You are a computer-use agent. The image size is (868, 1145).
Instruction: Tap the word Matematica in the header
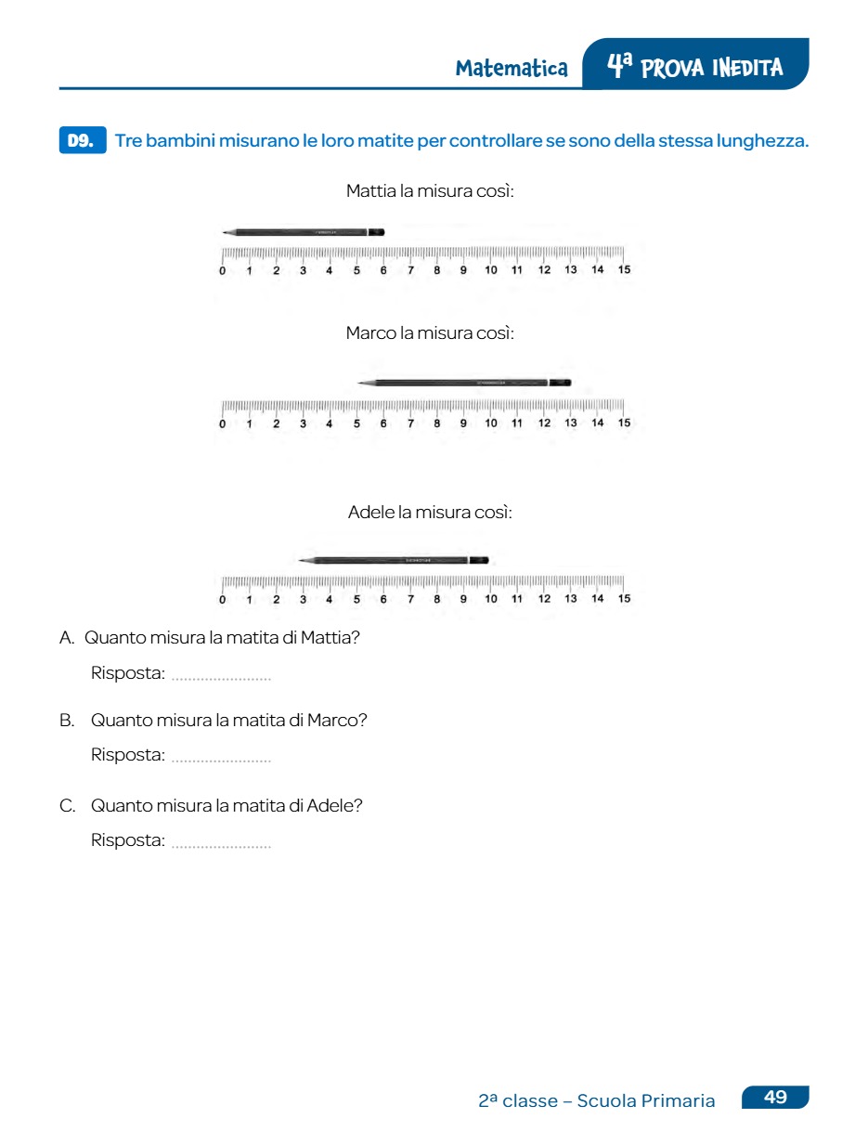click(x=512, y=68)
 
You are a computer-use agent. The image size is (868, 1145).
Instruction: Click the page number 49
click(x=775, y=1098)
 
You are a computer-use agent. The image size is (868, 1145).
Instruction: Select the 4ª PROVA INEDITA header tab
click(x=695, y=66)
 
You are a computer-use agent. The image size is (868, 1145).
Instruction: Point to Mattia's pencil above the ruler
click(x=304, y=231)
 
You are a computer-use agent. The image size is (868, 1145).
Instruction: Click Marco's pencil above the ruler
click(x=464, y=383)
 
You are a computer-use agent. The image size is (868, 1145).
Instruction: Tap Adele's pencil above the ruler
click(x=394, y=560)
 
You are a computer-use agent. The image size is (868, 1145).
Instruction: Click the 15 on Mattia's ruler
click(x=624, y=270)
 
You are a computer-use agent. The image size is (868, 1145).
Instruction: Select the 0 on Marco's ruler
click(x=222, y=423)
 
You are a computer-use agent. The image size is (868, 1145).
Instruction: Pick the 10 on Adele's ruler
click(x=491, y=599)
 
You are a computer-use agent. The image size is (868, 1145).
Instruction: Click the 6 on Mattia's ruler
click(x=383, y=270)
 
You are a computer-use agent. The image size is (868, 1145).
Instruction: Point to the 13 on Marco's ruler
click(x=571, y=423)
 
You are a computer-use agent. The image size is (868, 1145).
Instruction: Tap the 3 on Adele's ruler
click(x=303, y=599)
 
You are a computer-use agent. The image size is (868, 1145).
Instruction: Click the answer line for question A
click(x=221, y=676)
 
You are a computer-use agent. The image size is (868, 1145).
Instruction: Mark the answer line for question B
click(x=221, y=758)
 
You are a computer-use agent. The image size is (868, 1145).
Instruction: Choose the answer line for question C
click(x=221, y=843)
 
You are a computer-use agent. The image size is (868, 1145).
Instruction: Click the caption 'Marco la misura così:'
click(x=430, y=332)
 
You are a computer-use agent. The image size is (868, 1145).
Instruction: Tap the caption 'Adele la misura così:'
click(x=430, y=512)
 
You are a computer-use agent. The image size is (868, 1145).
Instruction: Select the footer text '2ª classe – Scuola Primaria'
click(x=597, y=1101)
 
